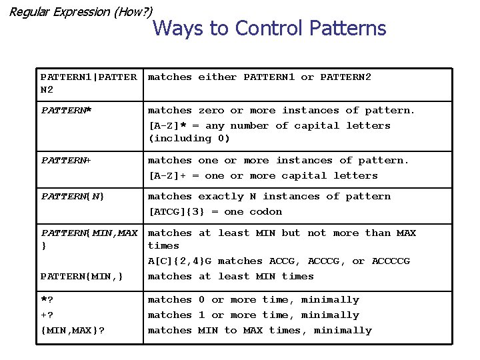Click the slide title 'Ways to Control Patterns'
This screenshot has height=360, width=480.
click(x=269, y=28)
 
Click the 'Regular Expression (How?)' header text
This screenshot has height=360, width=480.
click(x=81, y=11)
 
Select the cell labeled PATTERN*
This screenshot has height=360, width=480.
click(x=66, y=110)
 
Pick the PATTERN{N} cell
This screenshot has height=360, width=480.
click(x=73, y=196)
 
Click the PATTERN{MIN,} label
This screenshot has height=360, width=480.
click(x=81, y=276)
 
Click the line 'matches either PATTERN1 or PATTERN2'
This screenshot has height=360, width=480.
click(x=259, y=77)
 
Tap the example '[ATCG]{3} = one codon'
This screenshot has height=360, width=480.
click(x=215, y=211)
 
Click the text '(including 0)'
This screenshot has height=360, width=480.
click(x=189, y=138)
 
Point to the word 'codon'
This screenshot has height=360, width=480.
click(x=265, y=211)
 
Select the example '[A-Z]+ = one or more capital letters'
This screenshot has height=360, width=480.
click(x=263, y=175)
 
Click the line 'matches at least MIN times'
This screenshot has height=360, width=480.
click(x=231, y=276)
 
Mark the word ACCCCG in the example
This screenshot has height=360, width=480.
click(x=391, y=261)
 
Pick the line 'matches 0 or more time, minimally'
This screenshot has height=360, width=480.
click(x=253, y=300)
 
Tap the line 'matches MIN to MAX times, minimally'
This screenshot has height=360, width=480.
click(x=259, y=330)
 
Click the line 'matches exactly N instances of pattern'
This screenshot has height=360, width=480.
click(x=269, y=196)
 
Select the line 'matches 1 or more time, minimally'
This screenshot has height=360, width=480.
click(x=253, y=315)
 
